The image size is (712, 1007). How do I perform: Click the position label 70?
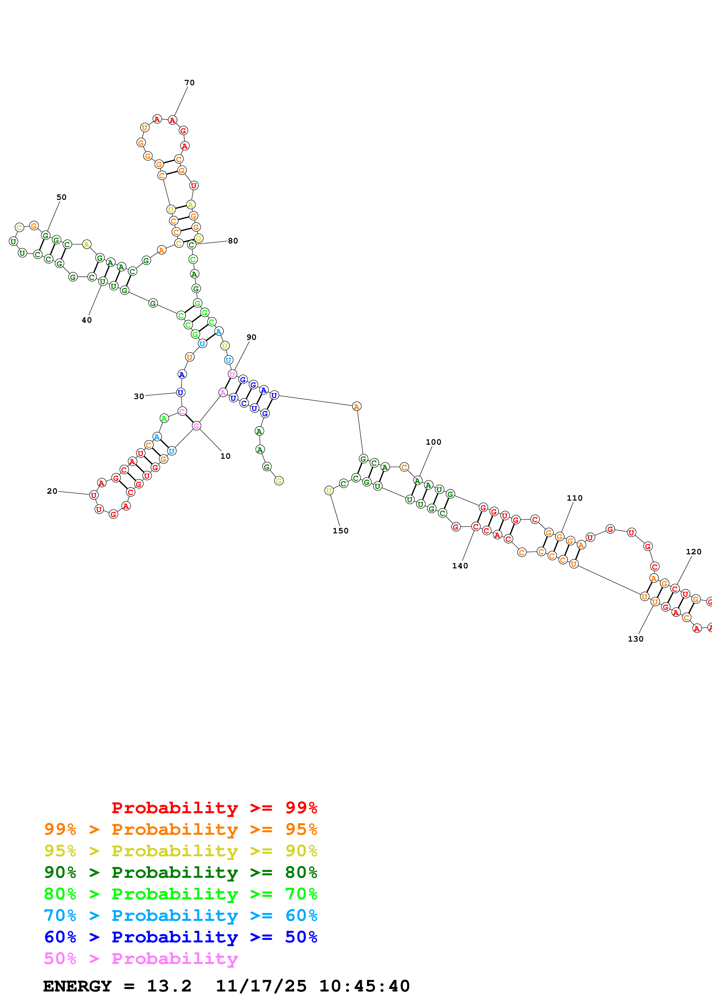pos(189,82)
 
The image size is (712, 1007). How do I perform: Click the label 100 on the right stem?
pos(433,442)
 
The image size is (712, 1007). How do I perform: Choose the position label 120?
pos(694,552)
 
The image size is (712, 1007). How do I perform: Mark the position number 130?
pos(636,639)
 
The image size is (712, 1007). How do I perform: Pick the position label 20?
pos(52,491)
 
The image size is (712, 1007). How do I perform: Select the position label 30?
pos(139,396)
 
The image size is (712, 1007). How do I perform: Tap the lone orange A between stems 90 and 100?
pos(357,406)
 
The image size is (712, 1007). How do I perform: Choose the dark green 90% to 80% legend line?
pos(181,873)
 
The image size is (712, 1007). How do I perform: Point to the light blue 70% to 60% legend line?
pos(181,916)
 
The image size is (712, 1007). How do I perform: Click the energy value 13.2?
pos(169,986)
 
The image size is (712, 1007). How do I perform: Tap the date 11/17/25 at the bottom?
pos(261,986)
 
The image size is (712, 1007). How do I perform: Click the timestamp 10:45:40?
pos(364,986)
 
